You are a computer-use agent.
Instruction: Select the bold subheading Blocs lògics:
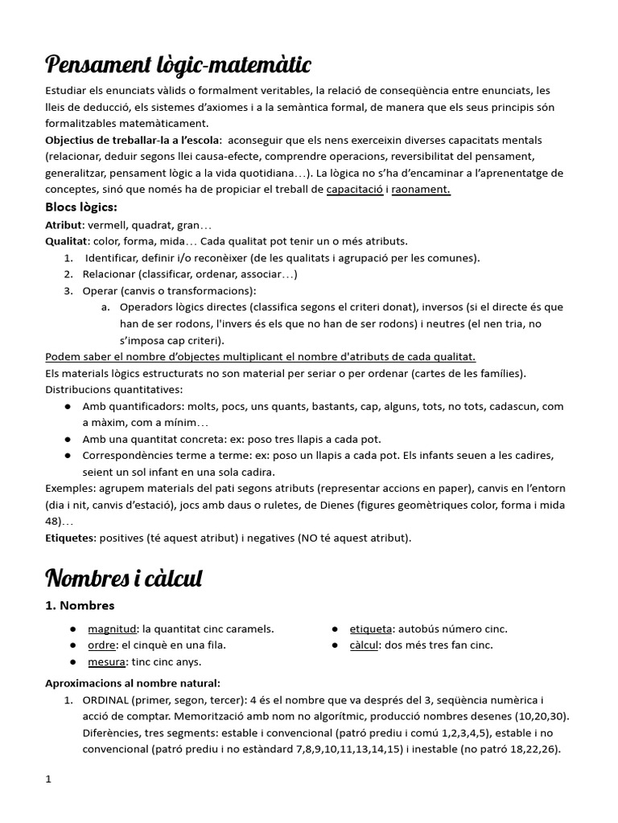coord(81,207)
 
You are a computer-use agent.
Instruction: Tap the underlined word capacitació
coord(355,190)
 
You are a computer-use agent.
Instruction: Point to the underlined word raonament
coord(421,190)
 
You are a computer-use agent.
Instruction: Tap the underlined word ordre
coord(103,645)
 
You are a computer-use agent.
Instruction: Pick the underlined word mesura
coord(108,661)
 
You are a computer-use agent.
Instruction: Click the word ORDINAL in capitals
coord(108,700)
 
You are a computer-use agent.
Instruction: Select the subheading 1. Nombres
coord(80,605)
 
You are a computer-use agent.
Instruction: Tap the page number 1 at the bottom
coord(48,779)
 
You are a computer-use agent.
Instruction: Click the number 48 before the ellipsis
coord(52,521)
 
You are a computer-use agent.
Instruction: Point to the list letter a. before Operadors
coord(106,307)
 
